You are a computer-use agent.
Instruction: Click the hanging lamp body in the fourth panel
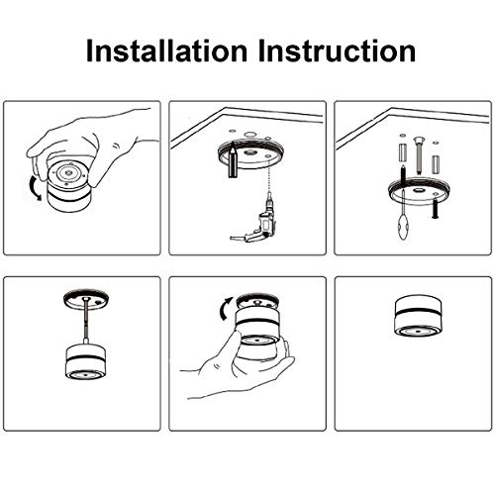tap(82, 361)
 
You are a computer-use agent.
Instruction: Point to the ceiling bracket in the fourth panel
tap(82, 296)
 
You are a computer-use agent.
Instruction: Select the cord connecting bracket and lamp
tap(82, 322)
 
